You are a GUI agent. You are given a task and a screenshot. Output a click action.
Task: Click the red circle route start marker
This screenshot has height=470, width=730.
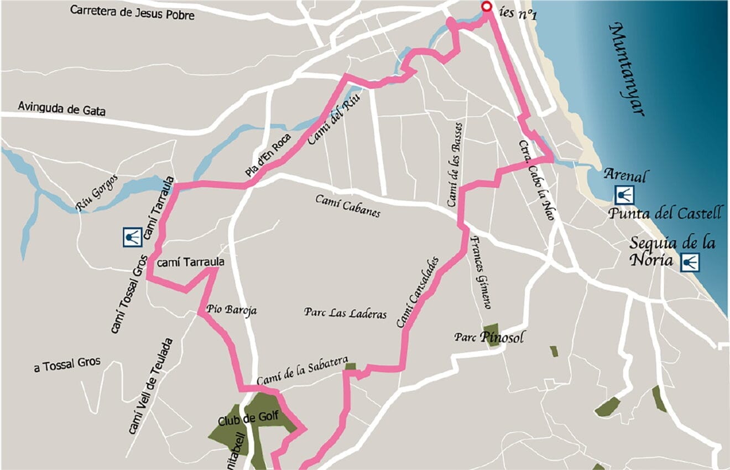pyautogui.click(x=486, y=7)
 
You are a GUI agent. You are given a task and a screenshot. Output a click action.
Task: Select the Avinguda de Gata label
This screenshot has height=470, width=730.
pyautogui.click(x=61, y=108)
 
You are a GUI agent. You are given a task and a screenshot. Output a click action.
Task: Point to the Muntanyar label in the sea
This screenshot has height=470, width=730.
pyautogui.click(x=628, y=69)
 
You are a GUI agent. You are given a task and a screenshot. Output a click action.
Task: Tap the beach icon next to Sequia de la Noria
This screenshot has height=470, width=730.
pyautogui.click(x=689, y=262)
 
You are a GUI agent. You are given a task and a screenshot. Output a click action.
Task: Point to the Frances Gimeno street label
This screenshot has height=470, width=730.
pyautogui.click(x=480, y=272)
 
